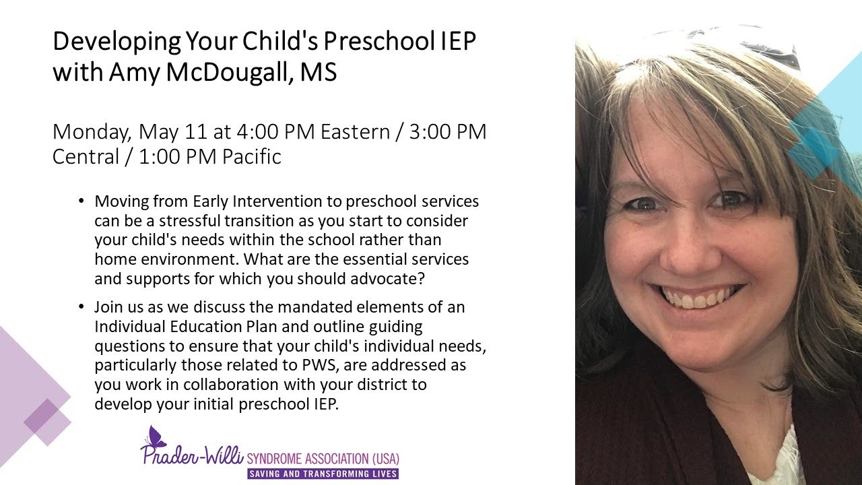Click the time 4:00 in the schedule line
point(273,132)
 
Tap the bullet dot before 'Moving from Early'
point(82,201)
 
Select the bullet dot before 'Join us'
point(82,307)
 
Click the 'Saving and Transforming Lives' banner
point(323,474)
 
